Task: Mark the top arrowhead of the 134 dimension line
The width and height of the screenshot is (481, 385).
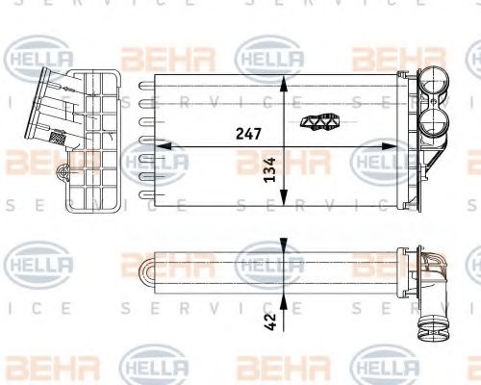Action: (283, 80)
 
